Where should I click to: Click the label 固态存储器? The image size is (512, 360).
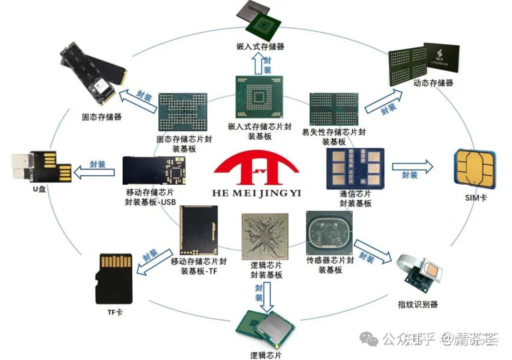(101, 117)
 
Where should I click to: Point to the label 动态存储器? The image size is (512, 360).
(433, 83)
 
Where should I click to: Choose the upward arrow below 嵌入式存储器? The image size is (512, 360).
(258, 64)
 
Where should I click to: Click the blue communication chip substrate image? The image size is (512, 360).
(356, 169)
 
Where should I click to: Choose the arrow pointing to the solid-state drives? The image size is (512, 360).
(137, 98)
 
